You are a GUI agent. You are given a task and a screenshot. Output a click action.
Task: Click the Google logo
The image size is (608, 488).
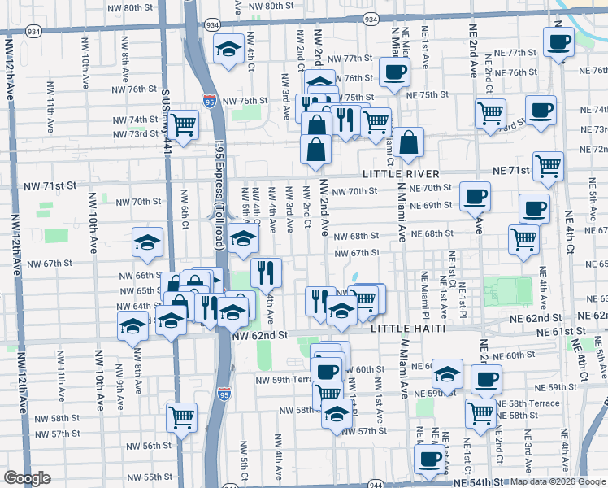click(x=27, y=478)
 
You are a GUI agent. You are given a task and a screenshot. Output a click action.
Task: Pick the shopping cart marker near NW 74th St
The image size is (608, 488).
click(x=184, y=124)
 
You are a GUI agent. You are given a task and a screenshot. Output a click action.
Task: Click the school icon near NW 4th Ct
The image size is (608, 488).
click(x=229, y=47)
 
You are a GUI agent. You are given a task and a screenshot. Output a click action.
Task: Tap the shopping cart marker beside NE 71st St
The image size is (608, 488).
click(x=549, y=165)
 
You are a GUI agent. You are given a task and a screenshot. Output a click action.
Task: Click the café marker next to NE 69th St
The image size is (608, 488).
click(x=475, y=195)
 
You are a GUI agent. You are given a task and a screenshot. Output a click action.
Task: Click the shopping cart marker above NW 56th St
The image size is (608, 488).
click(x=181, y=417)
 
